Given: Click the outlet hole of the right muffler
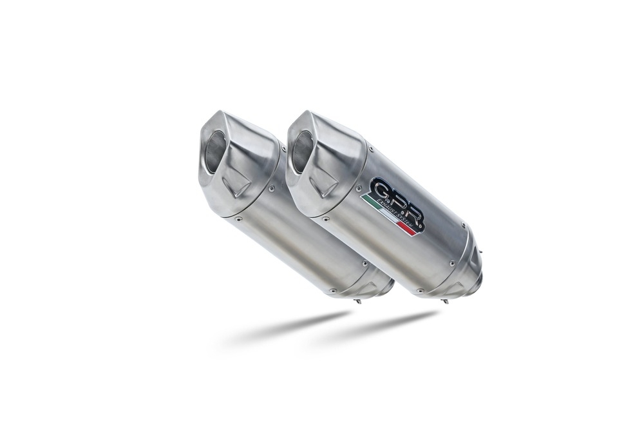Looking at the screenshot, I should [x=302, y=153].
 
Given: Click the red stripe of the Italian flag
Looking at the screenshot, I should [x=413, y=228].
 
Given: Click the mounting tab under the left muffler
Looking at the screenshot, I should [x=357, y=299].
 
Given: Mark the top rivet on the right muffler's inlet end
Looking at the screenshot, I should [x=464, y=228].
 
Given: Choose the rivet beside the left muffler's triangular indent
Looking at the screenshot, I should [x=271, y=188].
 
